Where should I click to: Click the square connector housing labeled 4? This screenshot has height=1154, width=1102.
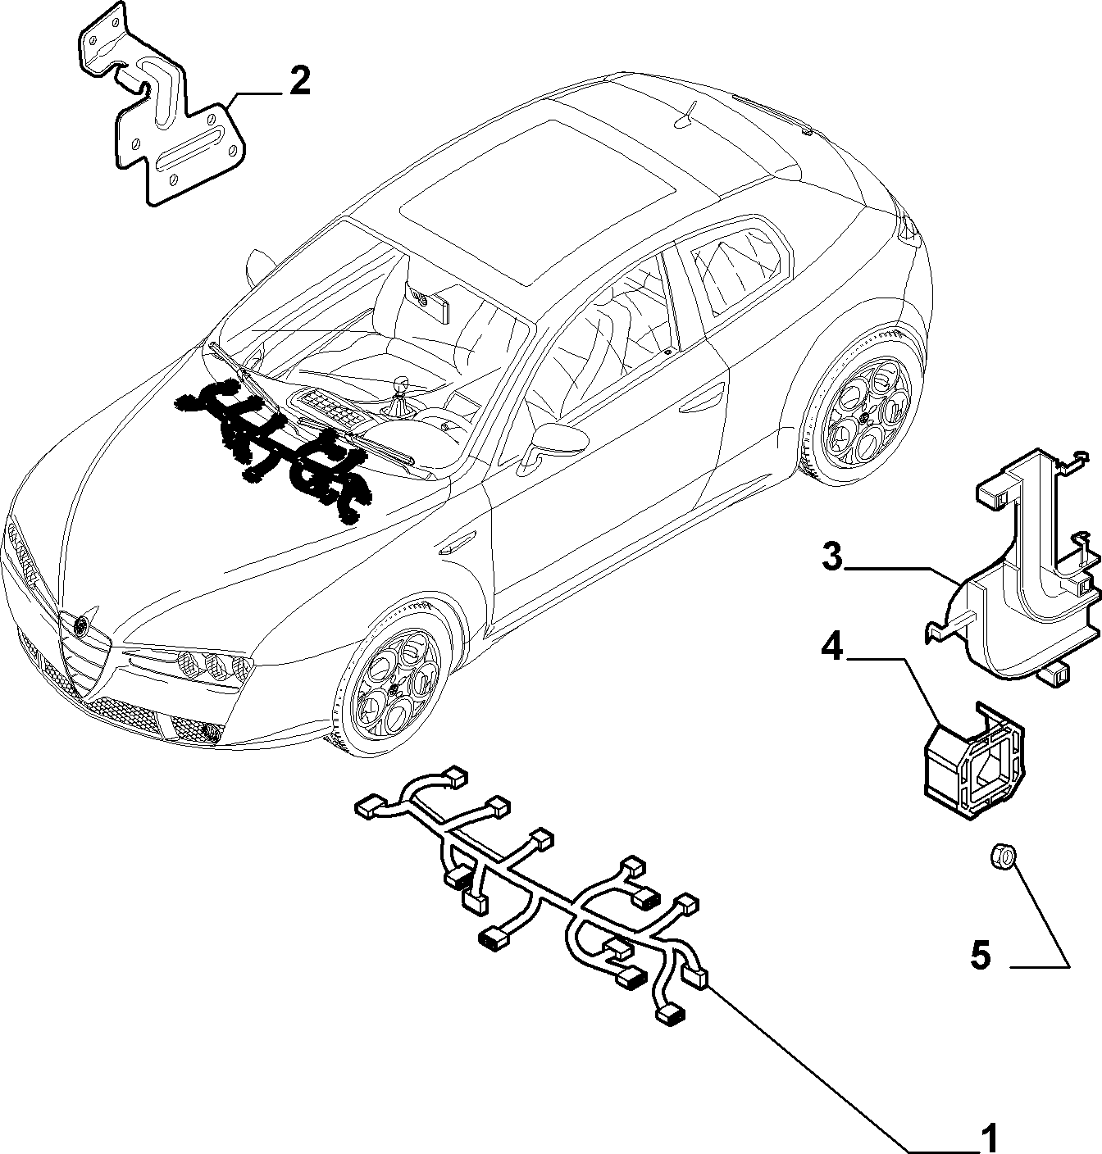coord(975,762)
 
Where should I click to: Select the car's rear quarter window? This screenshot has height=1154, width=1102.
coord(739,269)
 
